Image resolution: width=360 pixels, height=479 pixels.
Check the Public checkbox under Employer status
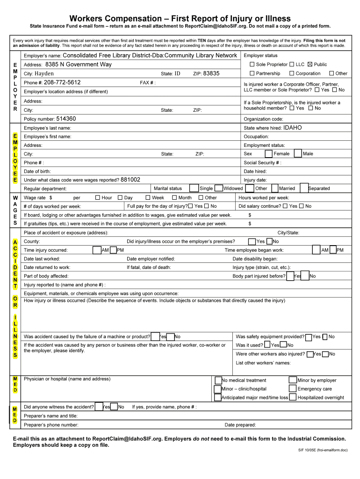[x=310, y=65]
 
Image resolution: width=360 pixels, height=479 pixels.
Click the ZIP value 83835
[x=211, y=73]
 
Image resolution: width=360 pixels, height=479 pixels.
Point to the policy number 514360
[x=66, y=119]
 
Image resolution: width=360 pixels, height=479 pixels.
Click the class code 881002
[x=130, y=180]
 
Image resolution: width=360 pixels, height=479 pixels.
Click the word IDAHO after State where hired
[x=293, y=128]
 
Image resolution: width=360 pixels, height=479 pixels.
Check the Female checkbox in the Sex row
[x=268, y=153]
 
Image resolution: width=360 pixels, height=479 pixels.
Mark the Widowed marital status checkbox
[x=218, y=188]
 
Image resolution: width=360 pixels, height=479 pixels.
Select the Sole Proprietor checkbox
[x=252, y=65]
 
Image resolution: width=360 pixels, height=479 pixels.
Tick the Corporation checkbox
[x=292, y=73]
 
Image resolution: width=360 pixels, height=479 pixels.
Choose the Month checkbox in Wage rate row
[x=174, y=197]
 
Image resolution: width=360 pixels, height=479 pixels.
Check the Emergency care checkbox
[x=293, y=389]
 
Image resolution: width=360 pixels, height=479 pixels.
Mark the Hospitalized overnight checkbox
[x=293, y=397]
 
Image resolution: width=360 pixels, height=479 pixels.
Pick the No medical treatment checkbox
[x=218, y=380]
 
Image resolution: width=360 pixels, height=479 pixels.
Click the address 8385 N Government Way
[x=79, y=65]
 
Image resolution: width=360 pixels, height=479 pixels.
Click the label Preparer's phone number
[x=51, y=425]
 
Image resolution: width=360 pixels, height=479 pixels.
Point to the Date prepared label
[x=240, y=425]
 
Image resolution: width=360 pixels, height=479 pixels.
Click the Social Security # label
[x=262, y=163]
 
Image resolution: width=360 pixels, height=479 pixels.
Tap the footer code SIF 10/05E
[x=308, y=450]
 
